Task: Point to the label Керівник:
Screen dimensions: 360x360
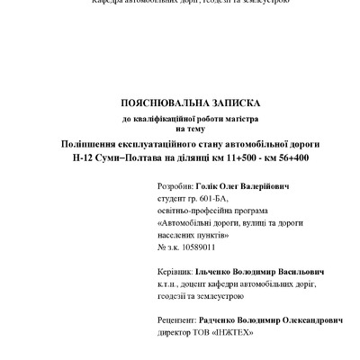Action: point(175,271)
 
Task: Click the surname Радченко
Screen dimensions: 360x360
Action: point(230,319)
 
